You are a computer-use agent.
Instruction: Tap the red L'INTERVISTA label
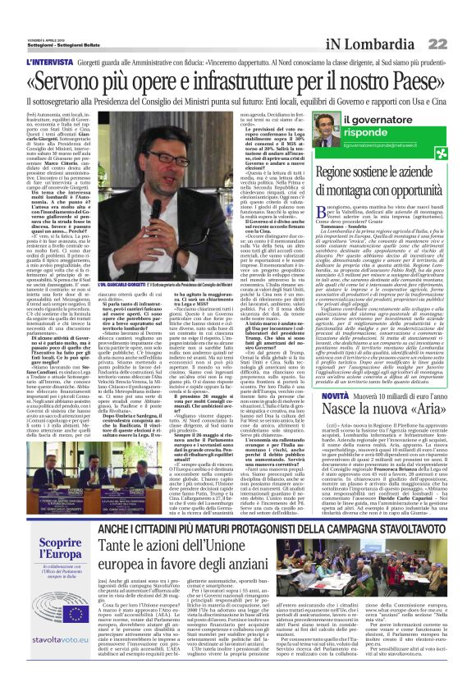[x=49, y=62]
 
